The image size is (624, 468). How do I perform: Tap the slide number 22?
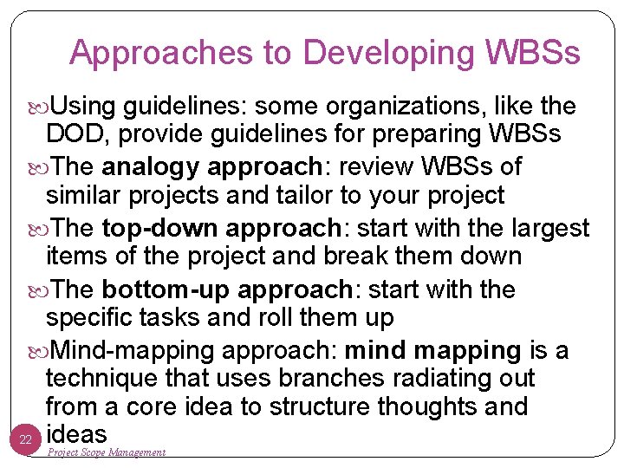[26, 440]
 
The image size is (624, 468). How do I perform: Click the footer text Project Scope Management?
[106, 452]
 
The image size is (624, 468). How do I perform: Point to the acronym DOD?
[74, 134]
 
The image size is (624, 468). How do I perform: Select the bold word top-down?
[151, 228]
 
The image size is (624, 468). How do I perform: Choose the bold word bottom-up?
[160, 289]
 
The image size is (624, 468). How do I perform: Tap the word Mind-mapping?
[133, 350]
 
